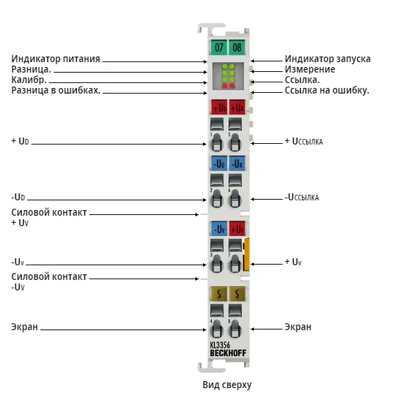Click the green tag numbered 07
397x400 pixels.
point(218,47)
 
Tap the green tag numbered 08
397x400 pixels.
point(237,47)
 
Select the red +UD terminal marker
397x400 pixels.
point(219,108)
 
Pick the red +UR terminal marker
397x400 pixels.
point(237,108)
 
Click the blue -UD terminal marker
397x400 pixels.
point(219,163)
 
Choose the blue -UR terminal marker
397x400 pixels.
point(237,163)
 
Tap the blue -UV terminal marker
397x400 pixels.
point(219,228)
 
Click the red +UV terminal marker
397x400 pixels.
point(237,228)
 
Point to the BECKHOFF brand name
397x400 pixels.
point(228,353)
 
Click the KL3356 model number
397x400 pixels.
point(220,345)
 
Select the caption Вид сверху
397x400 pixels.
point(227,385)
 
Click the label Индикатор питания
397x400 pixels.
point(56,59)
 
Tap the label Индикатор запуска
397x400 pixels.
point(328,59)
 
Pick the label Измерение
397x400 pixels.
point(310,69)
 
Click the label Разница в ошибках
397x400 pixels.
point(56,90)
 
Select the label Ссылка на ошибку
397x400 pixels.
point(327,90)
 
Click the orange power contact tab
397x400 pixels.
point(246,254)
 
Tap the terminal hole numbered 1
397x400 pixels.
point(216,142)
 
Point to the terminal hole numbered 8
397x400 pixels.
point(235,329)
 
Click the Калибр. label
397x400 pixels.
point(29,80)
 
